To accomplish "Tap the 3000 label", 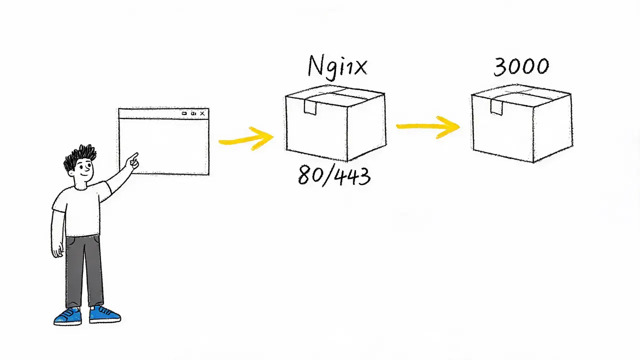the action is click(521, 67).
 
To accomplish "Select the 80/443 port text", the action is click(334, 175).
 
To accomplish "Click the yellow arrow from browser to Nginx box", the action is click(246, 139).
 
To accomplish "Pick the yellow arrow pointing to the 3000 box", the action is click(428, 127).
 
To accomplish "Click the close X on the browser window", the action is click(202, 113).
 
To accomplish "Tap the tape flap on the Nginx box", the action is click(310, 106).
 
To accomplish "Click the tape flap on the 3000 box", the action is click(496, 107).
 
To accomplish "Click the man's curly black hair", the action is click(79, 157).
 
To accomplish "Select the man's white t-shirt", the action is click(81, 209).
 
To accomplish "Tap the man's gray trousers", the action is click(84, 271).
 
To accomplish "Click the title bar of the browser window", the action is click(163, 113).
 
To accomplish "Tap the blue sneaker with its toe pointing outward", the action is click(105, 314).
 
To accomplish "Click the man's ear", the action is click(71, 173).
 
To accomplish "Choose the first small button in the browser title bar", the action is click(184, 113).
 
